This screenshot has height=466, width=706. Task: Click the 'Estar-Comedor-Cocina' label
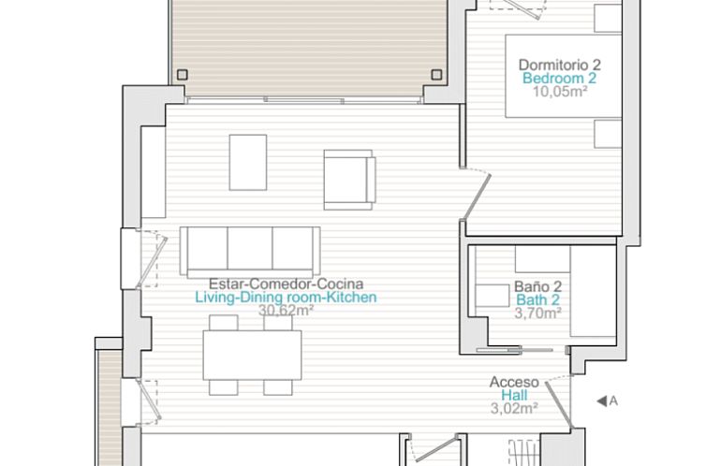tap(286, 284)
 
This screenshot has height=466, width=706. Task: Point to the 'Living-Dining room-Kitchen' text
tap(286, 298)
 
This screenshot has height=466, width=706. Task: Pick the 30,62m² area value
tap(286, 311)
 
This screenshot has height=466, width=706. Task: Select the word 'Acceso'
tap(514, 381)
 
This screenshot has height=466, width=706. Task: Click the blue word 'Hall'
tap(514, 395)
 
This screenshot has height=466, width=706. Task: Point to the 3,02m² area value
tap(514, 408)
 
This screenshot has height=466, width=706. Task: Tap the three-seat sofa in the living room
tap(250, 249)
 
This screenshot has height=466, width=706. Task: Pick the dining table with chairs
tap(251, 355)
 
